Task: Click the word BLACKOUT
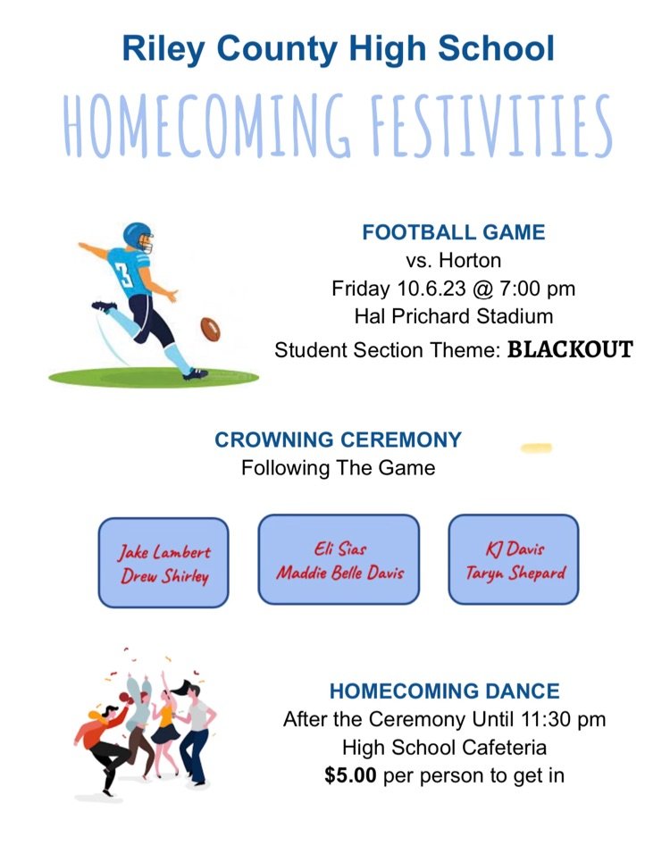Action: point(570,349)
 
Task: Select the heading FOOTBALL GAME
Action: point(453,233)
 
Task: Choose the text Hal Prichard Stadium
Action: point(453,316)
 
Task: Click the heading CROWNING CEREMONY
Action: point(338,440)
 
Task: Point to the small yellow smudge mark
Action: point(536,448)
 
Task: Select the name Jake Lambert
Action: point(163,553)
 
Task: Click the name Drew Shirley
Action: point(163,576)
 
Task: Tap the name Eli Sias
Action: point(339,548)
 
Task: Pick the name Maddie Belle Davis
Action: point(339,572)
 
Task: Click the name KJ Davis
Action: point(515,548)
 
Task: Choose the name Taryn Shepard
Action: point(515,573)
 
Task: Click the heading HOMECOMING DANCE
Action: point(444,691)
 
